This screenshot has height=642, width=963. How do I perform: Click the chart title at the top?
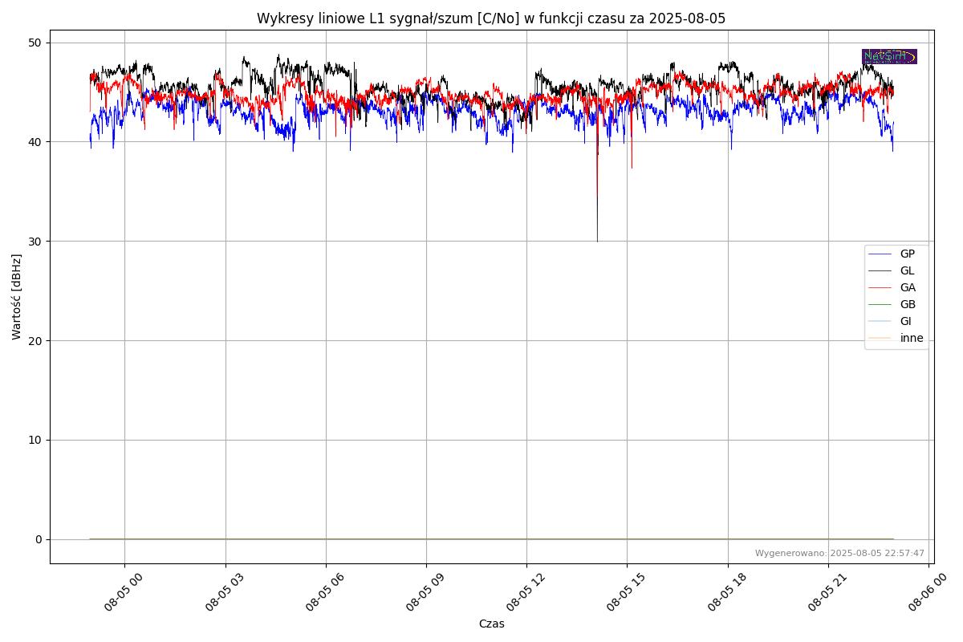pyautogui.click(x=491, y=18)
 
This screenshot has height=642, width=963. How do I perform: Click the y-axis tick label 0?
pyautogui.click(x=38, y=539)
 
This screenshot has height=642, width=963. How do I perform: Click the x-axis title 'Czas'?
pyautogui.click(x=491, y=624)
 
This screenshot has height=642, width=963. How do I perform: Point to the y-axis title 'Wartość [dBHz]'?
pyautogui.click(x=17, y=297)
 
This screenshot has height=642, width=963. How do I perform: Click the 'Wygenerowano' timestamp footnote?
pyautogui.click(x=839, y=554)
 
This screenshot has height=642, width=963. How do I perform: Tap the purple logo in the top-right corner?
pyautogui.click(x=889, y=57)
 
